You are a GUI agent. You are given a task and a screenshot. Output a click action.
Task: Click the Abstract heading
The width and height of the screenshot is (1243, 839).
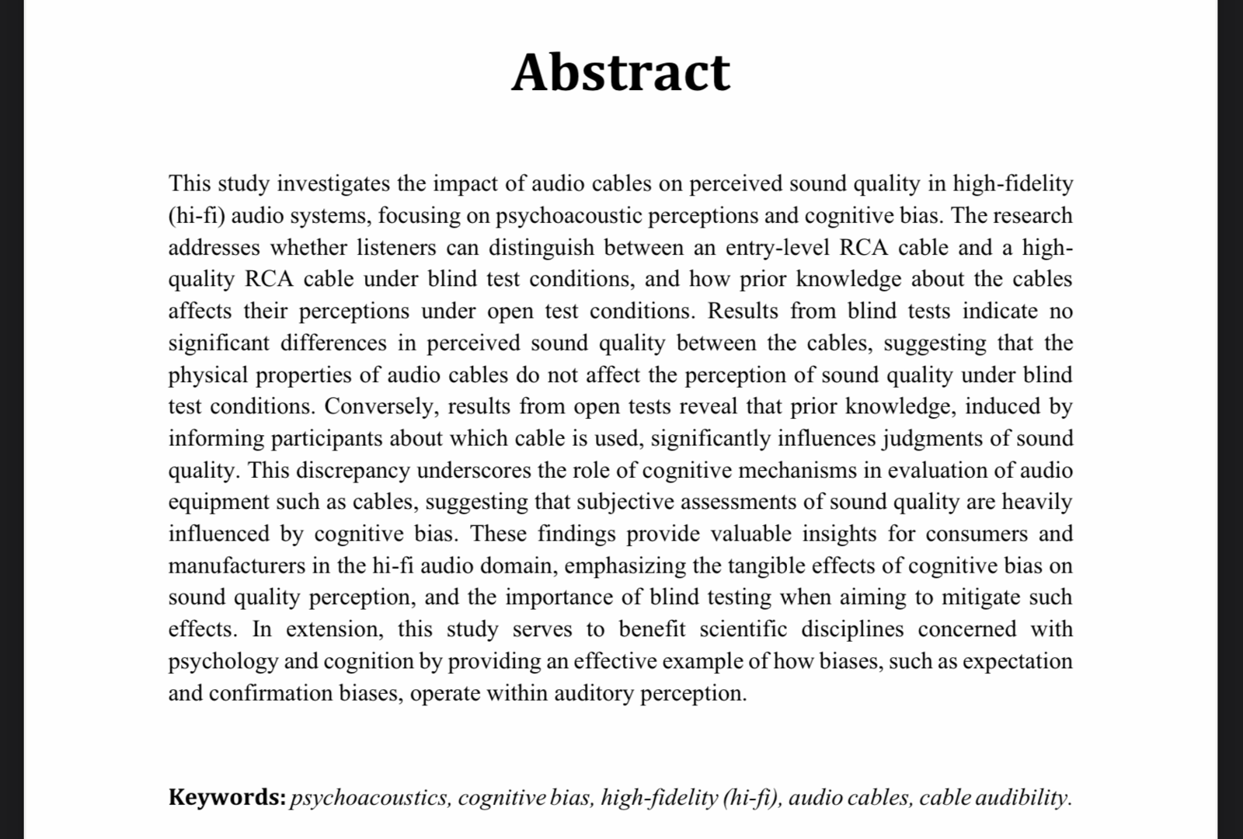click(x=621, y=71)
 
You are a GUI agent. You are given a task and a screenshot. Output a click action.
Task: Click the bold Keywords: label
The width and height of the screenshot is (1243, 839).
click(x=228, y=797)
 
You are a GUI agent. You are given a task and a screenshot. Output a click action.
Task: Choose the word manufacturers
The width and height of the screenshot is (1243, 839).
click(x=237, y=566)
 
